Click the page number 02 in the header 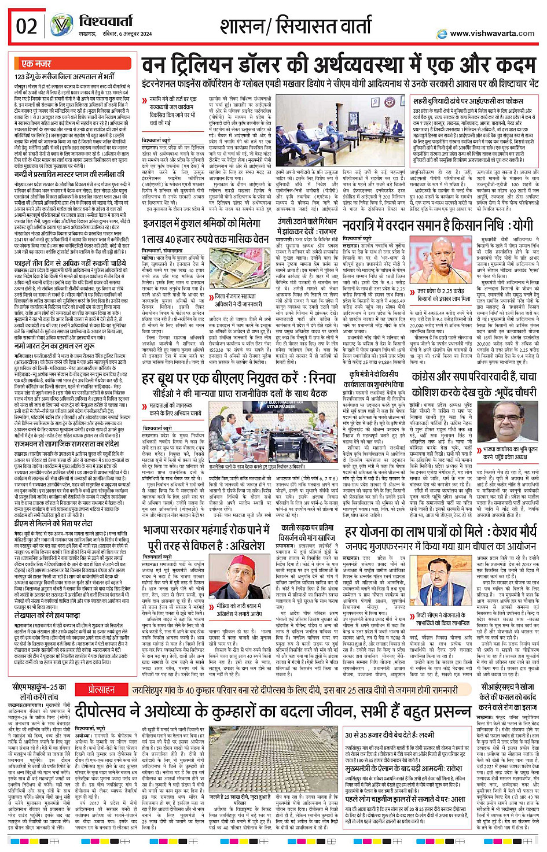[x=27, y=27]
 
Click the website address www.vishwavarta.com [x=492, y=33]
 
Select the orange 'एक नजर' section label [x=36, y=64]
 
